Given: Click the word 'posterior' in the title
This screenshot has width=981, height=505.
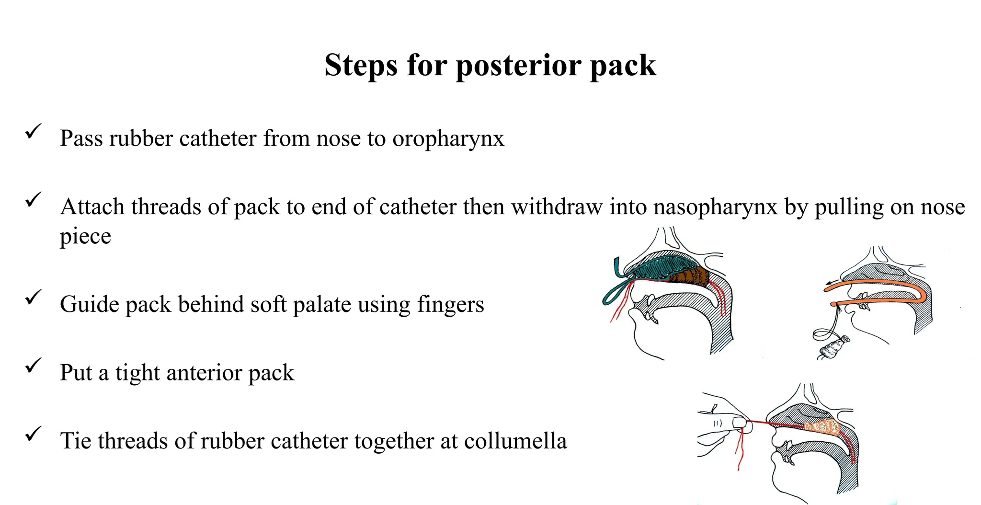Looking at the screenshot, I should click(x=519, y=66).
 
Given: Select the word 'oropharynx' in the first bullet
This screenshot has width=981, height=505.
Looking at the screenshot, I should click(x=448, y=139).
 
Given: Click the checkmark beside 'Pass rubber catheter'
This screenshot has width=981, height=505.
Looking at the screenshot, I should click(x=34, y=131).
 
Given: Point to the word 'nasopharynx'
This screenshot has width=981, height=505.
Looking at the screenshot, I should click(x=715, y=207).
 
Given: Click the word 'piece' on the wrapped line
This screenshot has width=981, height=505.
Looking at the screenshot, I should click(x=85, y=237).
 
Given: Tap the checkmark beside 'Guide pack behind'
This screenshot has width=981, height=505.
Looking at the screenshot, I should click(x=34, y=297).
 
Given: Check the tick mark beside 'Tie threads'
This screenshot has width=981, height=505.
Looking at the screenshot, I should click(x=34, y=434).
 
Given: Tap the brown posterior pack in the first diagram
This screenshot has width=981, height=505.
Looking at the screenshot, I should click(x=690, y=277).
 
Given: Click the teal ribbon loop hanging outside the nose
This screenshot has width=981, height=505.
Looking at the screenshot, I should click(x=616, y=293).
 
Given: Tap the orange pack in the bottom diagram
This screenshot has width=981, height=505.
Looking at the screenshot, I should click(x=824, y=426).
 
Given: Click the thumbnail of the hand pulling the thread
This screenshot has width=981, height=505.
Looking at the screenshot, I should click(x=739, y=423).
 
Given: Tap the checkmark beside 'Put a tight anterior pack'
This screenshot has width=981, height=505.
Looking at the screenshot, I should click(x=34, y=366).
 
